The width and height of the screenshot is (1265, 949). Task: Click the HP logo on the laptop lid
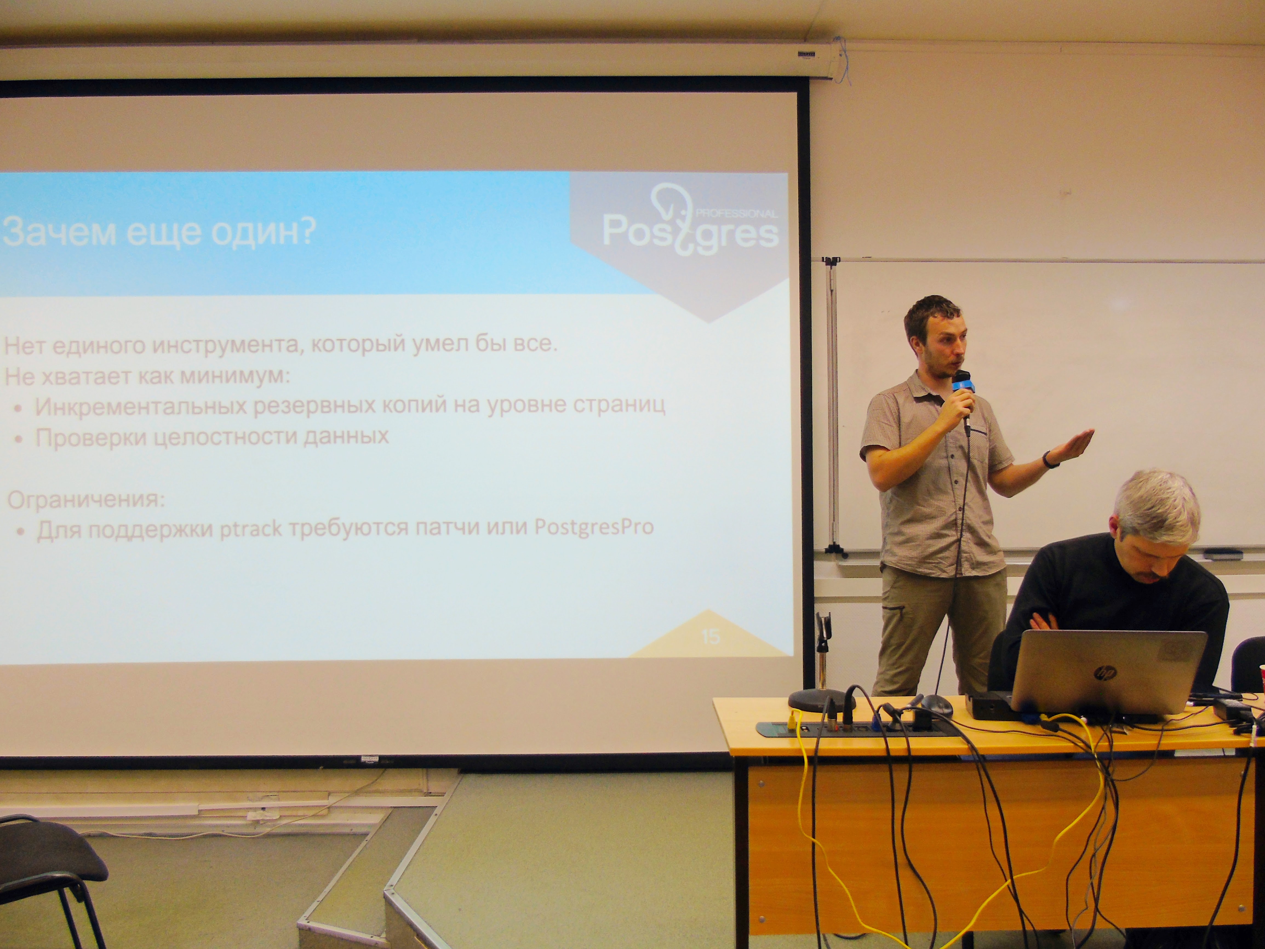point(1105,673)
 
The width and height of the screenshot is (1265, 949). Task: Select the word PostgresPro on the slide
point(594,526)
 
